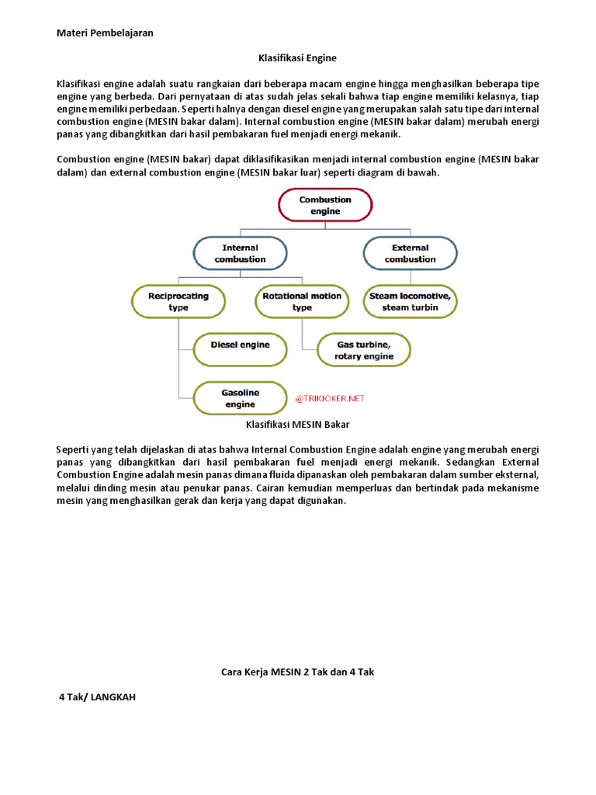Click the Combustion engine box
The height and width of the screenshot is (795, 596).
coord(325,205)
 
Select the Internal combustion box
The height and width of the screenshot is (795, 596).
coord(240,253)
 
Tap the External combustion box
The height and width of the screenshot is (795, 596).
coord(410,253)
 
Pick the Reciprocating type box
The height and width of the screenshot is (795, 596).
coord(178,301)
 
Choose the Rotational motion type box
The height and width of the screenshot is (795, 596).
coord(302,301)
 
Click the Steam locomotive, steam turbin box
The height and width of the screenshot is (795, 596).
coord(410,301)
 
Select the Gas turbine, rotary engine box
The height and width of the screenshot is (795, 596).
coord(364,350)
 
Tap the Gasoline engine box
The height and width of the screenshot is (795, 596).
coord(240,398)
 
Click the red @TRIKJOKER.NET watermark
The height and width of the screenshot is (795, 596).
coord(329,398)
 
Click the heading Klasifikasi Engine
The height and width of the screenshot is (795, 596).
coord(297,57)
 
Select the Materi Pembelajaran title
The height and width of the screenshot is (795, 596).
coord(105,33)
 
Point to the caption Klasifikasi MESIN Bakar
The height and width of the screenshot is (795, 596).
coord(297,425)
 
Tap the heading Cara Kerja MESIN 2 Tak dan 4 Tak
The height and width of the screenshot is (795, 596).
coord(297,672)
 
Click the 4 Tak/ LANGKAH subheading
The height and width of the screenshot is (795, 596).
coord(98,697)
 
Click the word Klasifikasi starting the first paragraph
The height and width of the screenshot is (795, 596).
coord(81,84)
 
